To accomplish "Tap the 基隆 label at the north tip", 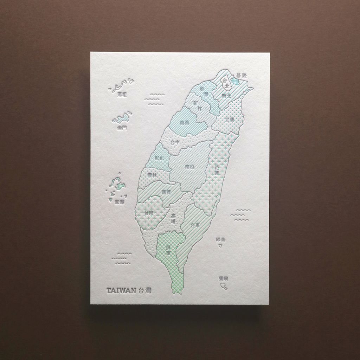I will [242, 76].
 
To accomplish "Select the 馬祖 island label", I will [122, 94].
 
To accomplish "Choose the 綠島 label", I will [221, 239].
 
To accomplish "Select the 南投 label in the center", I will [189, 167].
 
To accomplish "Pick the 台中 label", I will [175, 142].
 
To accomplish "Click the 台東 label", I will [195, 225].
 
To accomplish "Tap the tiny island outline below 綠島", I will [220, 246].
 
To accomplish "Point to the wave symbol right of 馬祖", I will [154, 99].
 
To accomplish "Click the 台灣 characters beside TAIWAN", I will [145, 290].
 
